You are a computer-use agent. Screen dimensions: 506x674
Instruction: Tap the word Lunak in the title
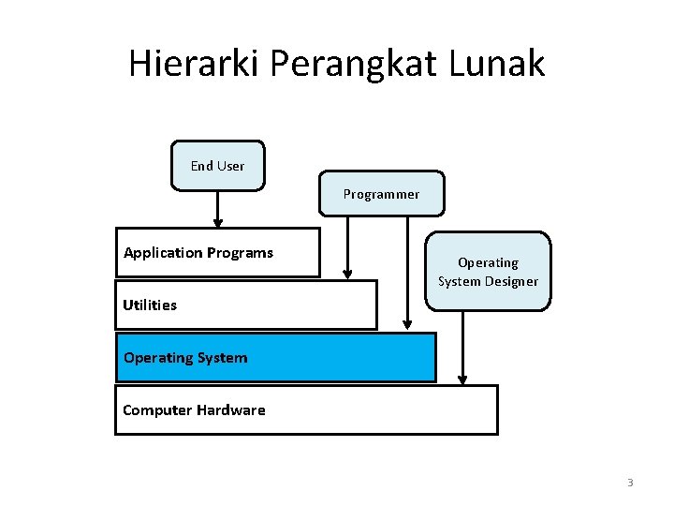point(497,64)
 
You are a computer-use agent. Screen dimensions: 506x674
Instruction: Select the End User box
point(217,166)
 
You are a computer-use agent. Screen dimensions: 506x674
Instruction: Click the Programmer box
point(381,194)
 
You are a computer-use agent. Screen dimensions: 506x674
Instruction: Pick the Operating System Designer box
point(488,272)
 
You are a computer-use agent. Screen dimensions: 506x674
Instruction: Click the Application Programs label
point(198,253)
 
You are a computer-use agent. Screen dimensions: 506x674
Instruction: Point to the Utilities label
point(150,305)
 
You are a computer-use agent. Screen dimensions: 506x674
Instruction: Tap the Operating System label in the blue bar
point(185,357)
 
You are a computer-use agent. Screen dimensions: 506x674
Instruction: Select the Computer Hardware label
point(194,410)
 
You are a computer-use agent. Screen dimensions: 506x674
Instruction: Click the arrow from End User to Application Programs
point(217,209)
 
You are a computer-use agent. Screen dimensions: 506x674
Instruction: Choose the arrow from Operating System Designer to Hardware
point(462,347)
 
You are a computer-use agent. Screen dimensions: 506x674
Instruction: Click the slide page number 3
point(630,484)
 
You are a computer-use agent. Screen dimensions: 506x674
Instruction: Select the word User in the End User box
point(230,166)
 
